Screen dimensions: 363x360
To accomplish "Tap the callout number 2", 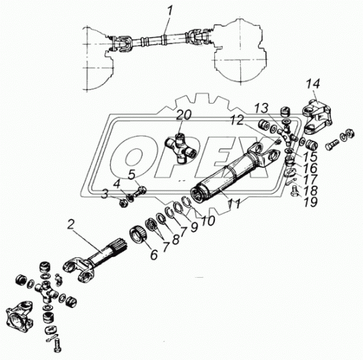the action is click(x=71, y=224).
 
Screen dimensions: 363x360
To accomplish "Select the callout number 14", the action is click(x=313, y=84).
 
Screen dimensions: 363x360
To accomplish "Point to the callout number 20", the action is click(x=184, y=115).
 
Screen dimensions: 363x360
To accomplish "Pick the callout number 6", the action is click(x=154, y=255).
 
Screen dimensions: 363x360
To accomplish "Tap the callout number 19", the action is click(x=310, y=202).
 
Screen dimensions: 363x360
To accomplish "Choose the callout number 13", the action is click(x=262, y=108).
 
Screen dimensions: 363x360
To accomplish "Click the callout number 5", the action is click(x=132, y=175).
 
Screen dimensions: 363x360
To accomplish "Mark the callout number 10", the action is click(x=208, y=221).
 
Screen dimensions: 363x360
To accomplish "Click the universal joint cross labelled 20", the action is click(x=181, y=148).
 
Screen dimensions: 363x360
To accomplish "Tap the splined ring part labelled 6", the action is click(x=139, y=235).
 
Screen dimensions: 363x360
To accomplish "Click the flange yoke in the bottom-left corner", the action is click(x=19, y=314).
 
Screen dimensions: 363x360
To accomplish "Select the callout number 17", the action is click(x=310, y=180).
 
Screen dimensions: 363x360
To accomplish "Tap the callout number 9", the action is click(x=194, y=227).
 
